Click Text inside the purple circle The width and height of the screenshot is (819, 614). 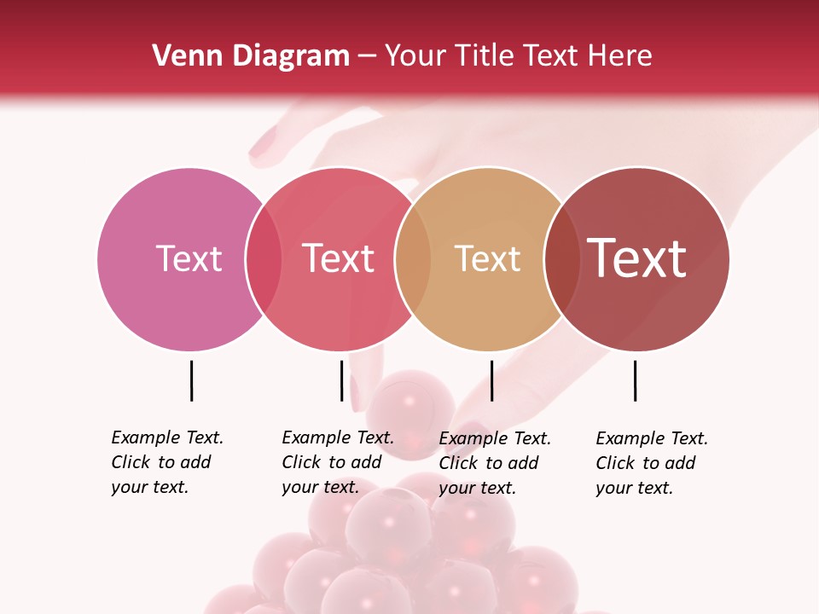tap(189, 258)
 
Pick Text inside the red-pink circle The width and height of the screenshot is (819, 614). tap(338, 258)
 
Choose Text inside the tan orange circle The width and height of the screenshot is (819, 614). tap(487, 258)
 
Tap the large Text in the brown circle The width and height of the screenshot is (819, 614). tap(637, 258)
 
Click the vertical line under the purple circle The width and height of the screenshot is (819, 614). tap(191, 380)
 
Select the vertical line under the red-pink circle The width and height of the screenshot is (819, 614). tap(341, 380)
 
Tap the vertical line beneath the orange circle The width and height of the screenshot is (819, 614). tap(491, 380)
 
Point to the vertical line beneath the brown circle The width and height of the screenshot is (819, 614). tap(635, 380)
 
